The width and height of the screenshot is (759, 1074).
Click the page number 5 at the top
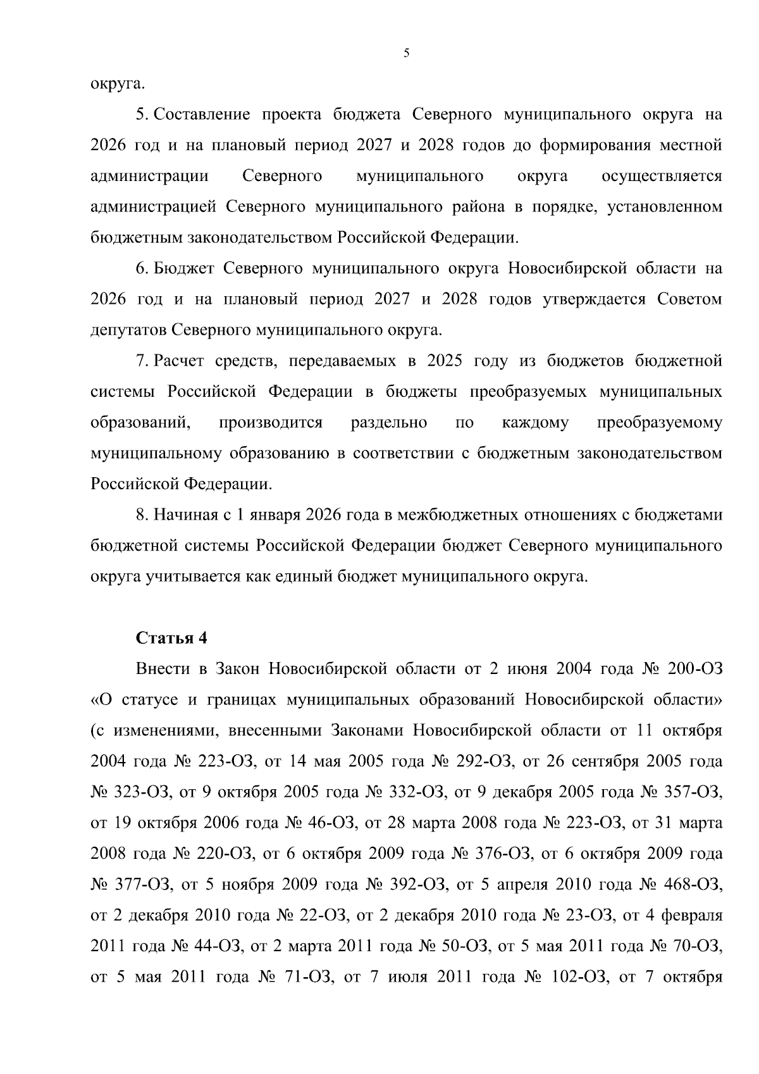tap(407, 54)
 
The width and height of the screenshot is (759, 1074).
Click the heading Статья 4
tap(171, 638)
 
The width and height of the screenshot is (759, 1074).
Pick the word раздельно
tap(388, 423)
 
